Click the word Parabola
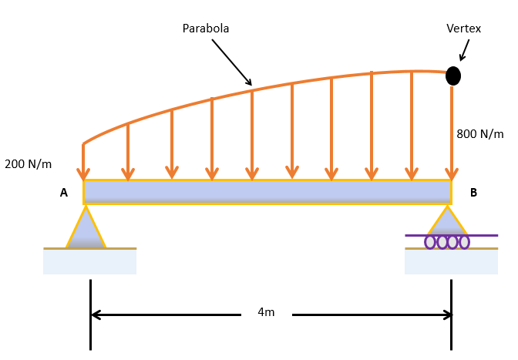205,29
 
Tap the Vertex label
463,29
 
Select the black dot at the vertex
453,76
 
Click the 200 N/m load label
29,163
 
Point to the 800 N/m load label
479,134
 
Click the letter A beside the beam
64,193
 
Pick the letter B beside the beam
473,193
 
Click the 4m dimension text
266,312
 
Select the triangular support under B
447,222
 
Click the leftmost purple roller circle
430,242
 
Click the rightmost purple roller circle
464,242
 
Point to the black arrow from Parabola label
231,62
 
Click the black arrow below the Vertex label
465,50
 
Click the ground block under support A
89,261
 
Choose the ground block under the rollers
451,262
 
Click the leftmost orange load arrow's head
83,174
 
